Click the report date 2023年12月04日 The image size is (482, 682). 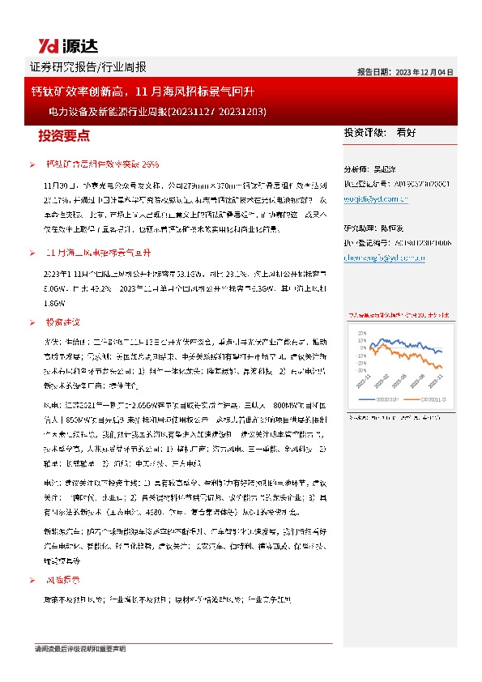(405, 71)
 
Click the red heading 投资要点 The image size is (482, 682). (64, 135)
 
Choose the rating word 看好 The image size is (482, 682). (407, 131)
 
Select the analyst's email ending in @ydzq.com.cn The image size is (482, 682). (377, 197)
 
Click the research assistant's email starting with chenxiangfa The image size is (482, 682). (379, 258)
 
